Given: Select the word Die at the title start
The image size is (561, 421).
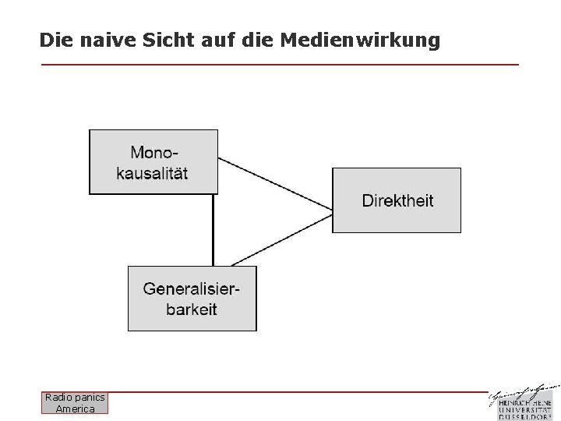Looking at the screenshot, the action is click(54, 39).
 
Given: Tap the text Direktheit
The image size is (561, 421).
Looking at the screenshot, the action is click(397, 200).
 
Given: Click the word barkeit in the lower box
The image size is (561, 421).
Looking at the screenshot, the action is click(192, 309).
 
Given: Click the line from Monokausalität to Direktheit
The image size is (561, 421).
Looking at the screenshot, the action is click(275, 183).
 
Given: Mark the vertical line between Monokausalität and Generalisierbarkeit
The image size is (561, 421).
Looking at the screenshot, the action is click(213, 230).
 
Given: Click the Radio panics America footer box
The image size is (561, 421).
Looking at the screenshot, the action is click(76, 403).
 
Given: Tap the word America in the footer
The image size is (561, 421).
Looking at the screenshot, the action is click(76, 409).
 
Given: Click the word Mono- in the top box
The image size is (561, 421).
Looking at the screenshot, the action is click(153, 152).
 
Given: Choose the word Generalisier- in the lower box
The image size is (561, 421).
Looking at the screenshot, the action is click(192, 288).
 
